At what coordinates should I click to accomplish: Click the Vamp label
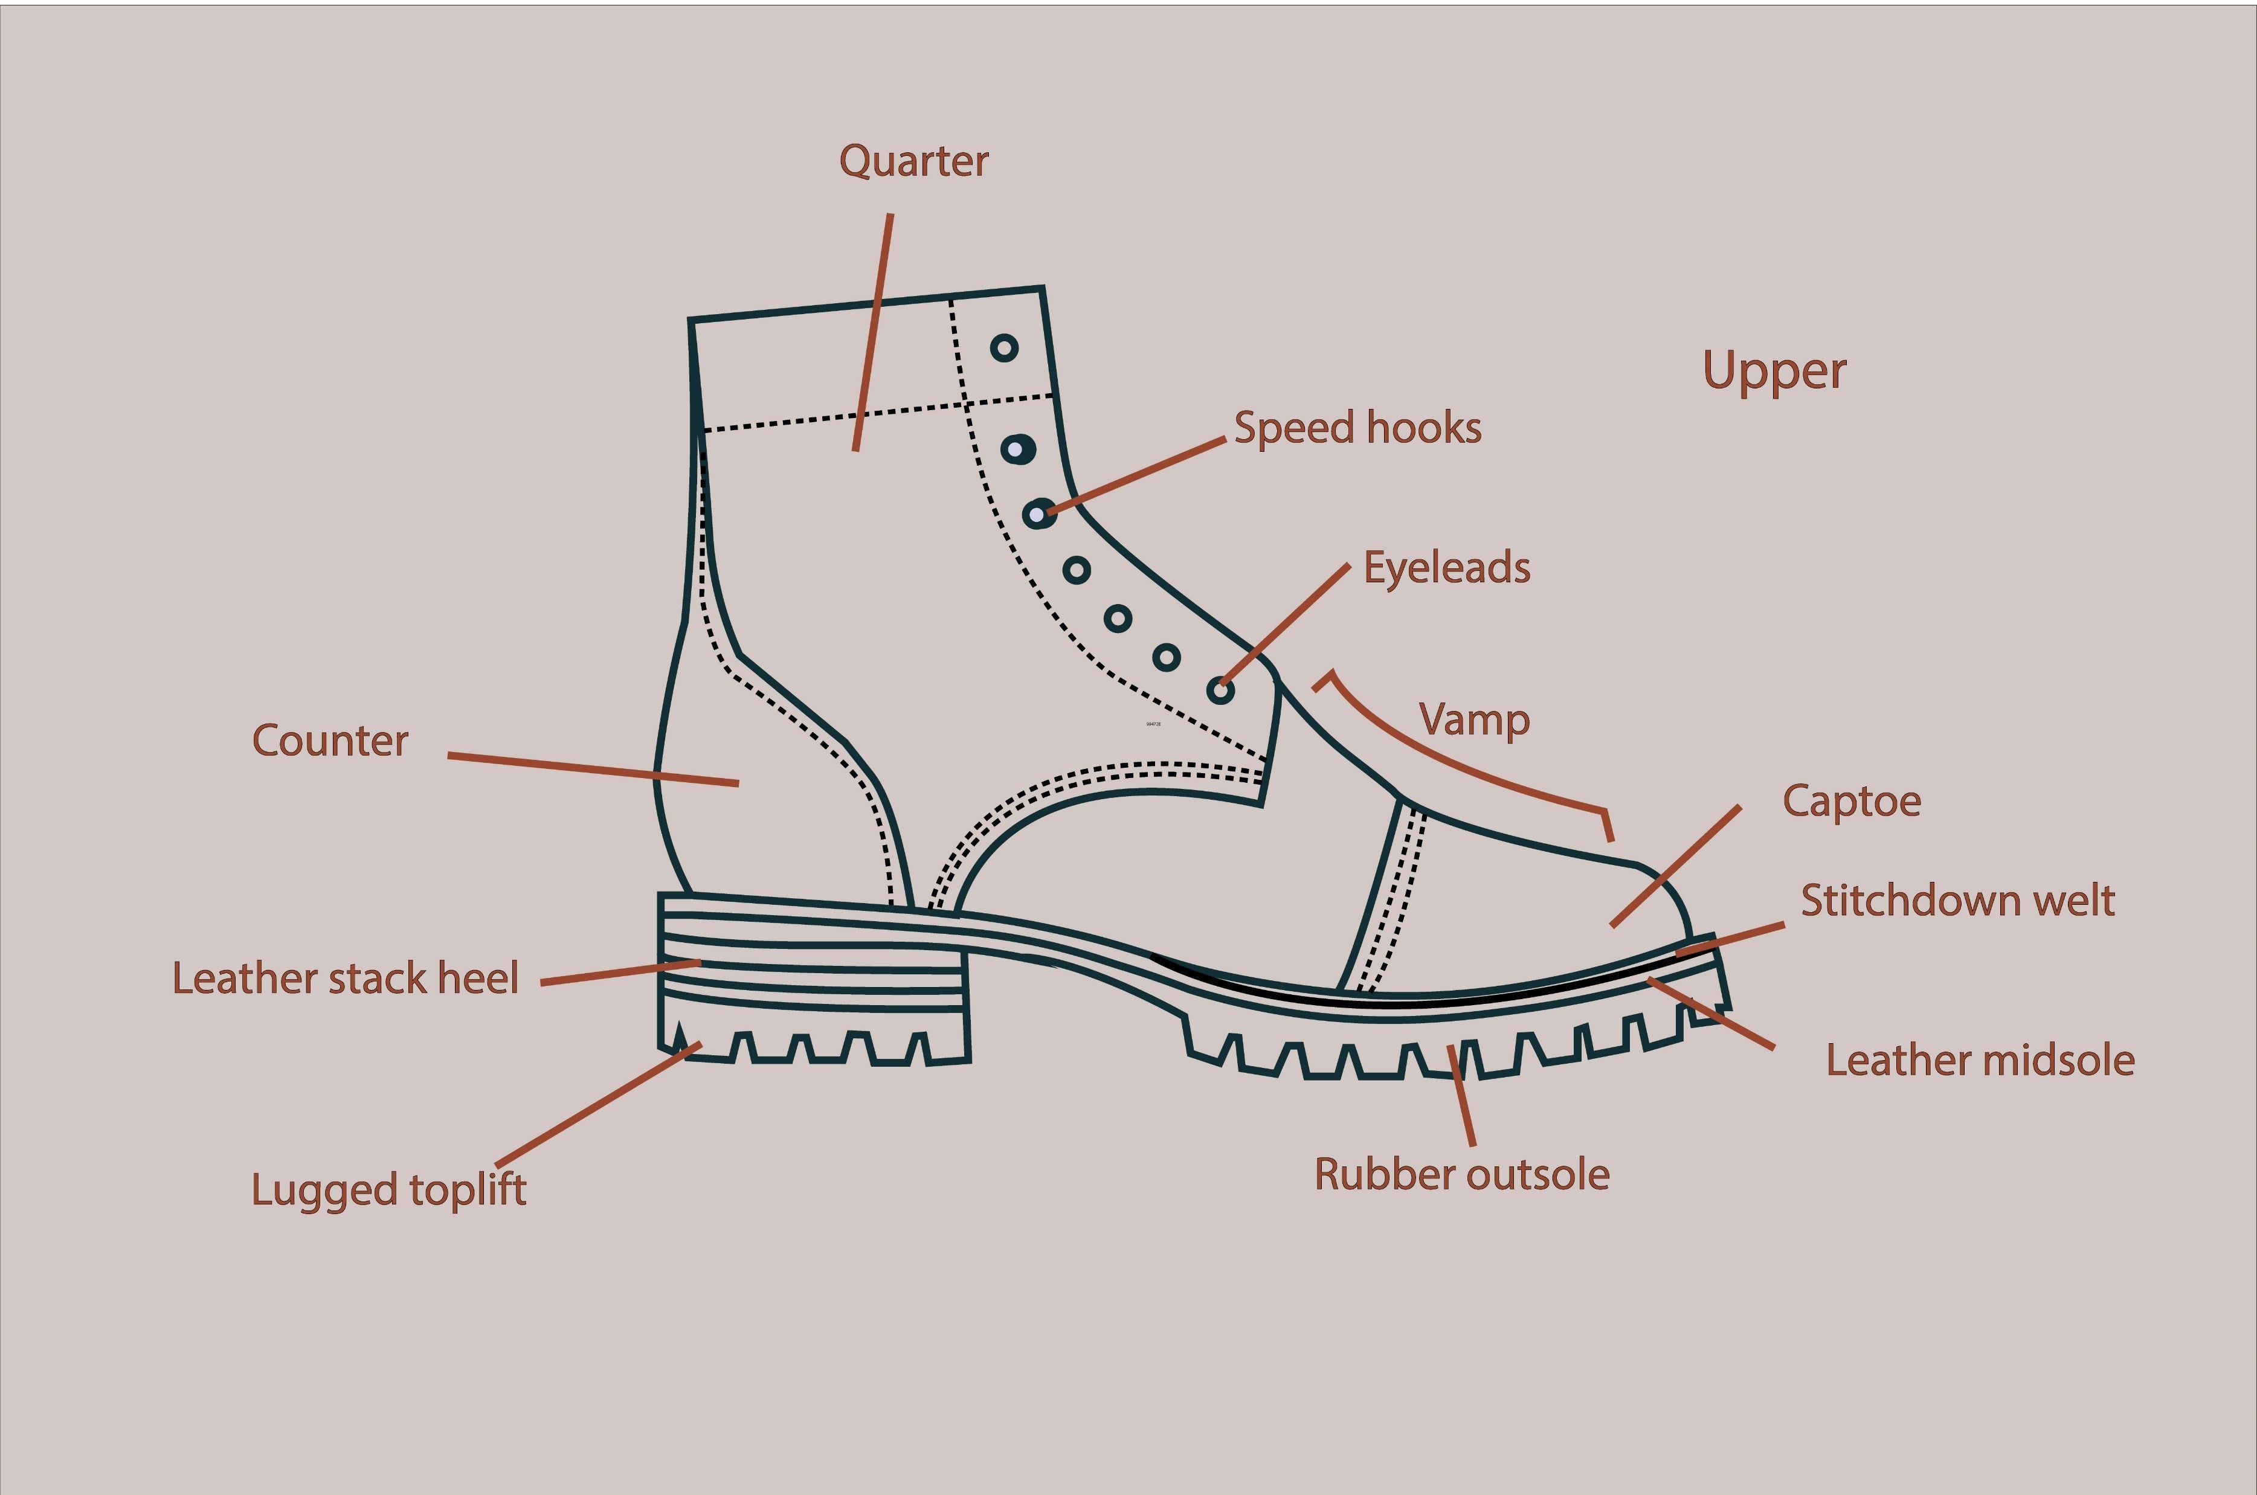pyautogui.click(x=1473, y=720)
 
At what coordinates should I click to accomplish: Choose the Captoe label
pyautogui.click(x=1851, y=801)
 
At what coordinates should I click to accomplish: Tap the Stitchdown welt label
pyautogui.click(x=1957, y=900)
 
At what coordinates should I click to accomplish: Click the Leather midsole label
pyautogui.click(x=1980, y=1060)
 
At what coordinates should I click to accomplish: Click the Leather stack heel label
pyautogui.click(x=344, y=978)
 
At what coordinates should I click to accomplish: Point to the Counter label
pyautogui.click(x=330, y=741)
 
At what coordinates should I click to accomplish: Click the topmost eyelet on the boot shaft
pyautogui.click(x=1004, y=348)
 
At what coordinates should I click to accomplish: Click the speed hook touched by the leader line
pyautogui.click(x=1038, y=514)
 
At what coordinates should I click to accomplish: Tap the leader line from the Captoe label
pyautogui.click(x=1675, y=865)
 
